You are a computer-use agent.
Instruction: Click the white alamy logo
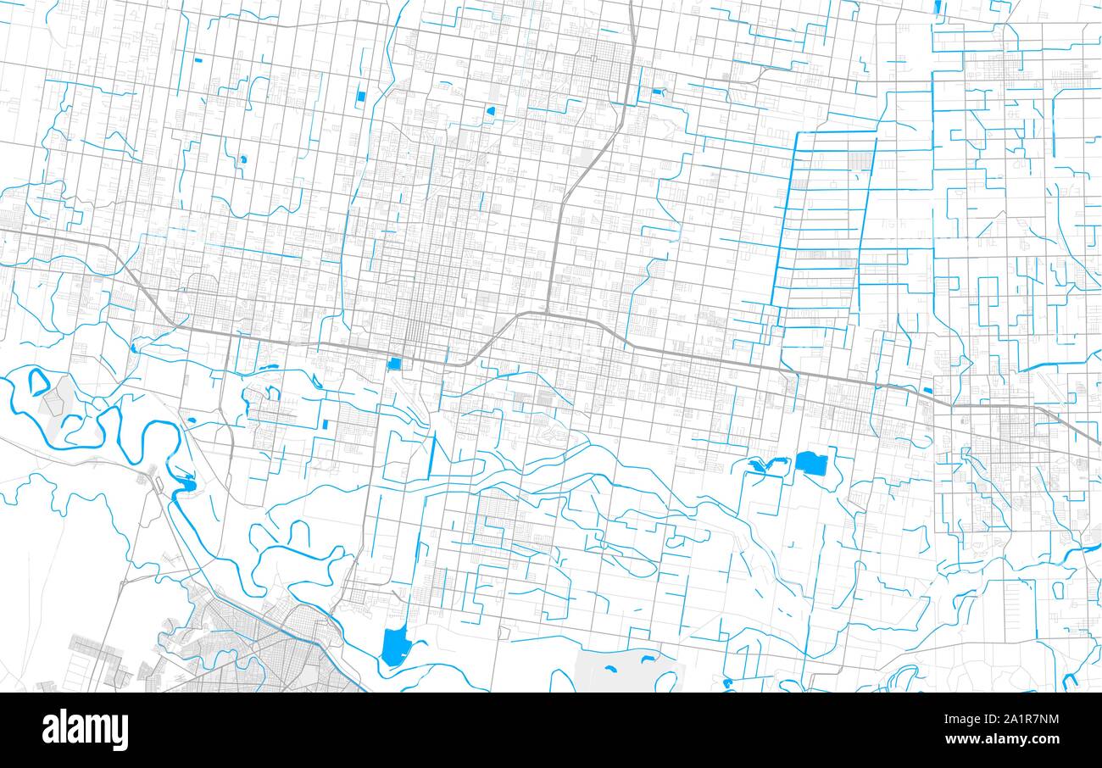tap(86, 730)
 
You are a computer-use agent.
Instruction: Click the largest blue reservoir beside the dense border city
tap(393, 646)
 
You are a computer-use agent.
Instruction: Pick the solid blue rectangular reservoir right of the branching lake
tap(810, 464)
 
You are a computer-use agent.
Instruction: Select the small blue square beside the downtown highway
tap(394, 364)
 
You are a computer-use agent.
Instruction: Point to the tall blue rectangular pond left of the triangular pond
tap(360, 96)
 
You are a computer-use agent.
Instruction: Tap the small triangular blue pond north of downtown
tap(490, 110)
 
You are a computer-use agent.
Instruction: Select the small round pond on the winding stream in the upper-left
tap(243, 159)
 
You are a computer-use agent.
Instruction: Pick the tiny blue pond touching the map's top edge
tap(936, 7)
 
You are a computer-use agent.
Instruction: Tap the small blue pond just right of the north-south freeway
tap(658, 92)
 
